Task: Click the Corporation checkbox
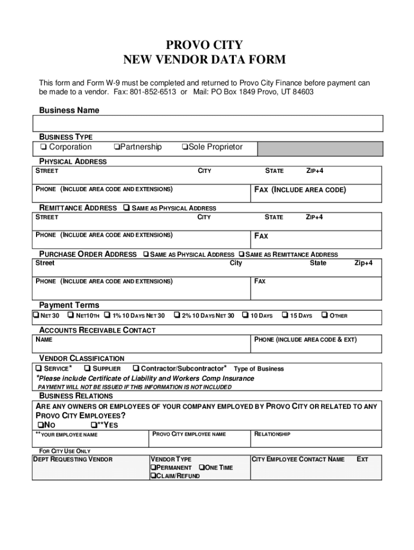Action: click(x=42, y=147)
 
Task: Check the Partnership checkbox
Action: click(x=117, y=147)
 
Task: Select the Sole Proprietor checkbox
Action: click(x=184, y=147)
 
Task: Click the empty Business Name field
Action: click(x=208, y=123)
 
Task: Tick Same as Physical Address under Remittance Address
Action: click(x=126, y=208)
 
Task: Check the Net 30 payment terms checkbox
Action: click(x=36, y=315)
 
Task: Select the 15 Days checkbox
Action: click(x=285, y=315)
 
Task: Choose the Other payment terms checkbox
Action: click(x=324, y=315)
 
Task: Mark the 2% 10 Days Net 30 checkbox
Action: click(x=176, y=315)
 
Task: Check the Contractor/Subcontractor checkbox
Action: click(x=135, y=368)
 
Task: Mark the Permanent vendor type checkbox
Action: click(x=153, y=468)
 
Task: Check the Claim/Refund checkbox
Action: click(x=153, y=476)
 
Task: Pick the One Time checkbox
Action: click(x=202, y=468)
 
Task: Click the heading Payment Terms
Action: click(x=69, y=305)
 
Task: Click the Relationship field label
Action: click(x=272, y=434)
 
